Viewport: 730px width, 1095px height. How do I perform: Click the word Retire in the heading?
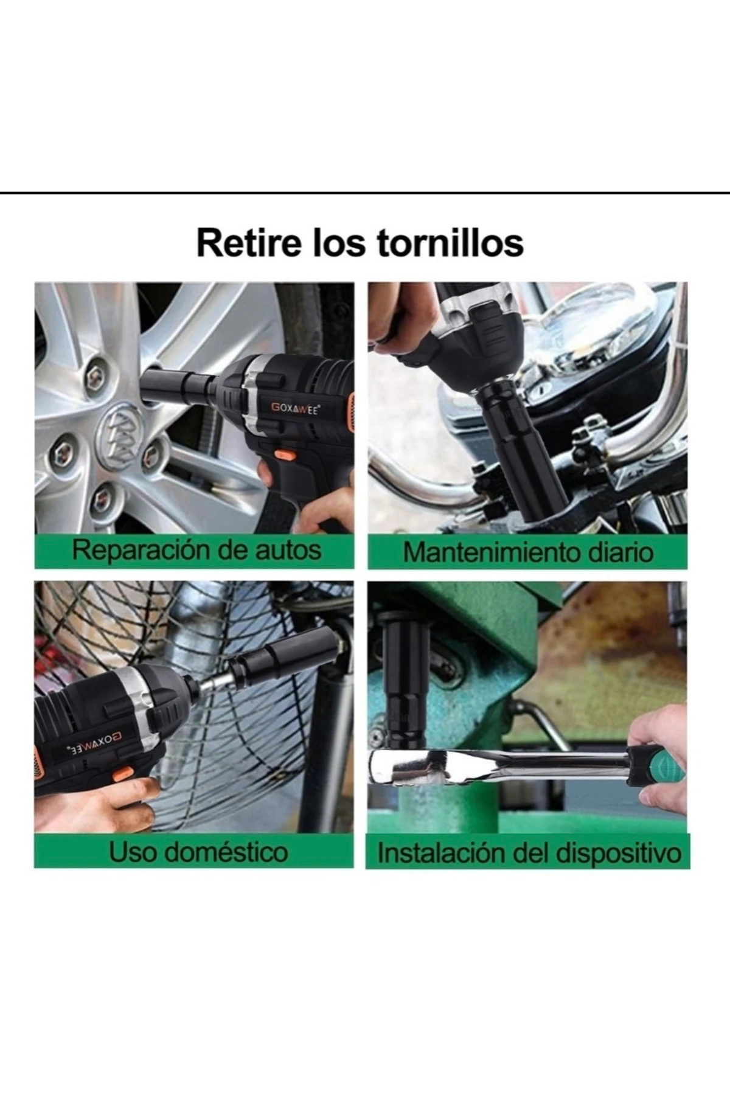click(248, 243)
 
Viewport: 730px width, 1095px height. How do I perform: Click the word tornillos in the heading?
click(451, 243)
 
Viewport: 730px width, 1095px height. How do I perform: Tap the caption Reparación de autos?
click(196, 550)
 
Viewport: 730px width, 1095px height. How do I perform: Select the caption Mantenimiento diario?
click(528, 552)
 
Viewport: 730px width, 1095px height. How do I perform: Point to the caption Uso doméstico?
click(198, 852)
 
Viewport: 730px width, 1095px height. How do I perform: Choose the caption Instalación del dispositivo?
click(529, 853)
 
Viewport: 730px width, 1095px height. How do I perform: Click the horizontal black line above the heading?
click(365, 193)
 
